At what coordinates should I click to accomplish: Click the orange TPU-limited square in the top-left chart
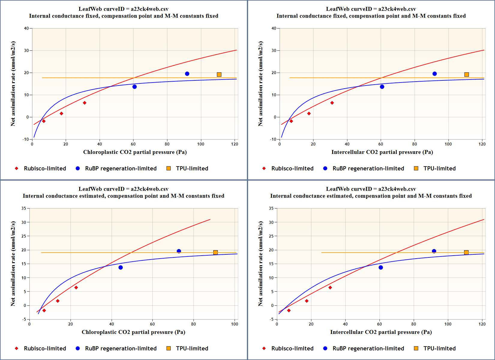tap(219, 74)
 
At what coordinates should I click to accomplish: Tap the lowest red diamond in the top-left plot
tap(44, 121)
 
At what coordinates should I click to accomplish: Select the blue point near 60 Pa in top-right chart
tap(382, 87)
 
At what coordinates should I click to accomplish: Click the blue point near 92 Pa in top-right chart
tap(434, 74)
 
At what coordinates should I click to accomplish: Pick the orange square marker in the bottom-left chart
tap(215, 252)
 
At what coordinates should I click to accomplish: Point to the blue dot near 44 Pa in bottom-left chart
tap(121, 267)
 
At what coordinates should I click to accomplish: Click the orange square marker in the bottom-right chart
tap(466, 252)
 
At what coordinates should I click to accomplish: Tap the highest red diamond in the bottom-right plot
tap(330, 287)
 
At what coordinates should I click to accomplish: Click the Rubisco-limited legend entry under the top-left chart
tap(45, 168)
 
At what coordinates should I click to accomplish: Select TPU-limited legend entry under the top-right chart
tap(439, 168)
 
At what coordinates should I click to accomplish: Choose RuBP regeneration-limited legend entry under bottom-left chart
tap(121, 348)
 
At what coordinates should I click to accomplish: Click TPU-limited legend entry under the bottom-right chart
tap(439, 348)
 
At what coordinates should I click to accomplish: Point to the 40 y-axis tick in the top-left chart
tap(26, 28)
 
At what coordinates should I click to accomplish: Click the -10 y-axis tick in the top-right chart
tap(273, 139)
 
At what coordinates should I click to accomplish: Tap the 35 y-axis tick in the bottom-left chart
tap(24, 208)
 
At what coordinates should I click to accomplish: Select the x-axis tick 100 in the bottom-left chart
tap(235, 324)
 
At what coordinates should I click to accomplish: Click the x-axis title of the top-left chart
tap(135, 152)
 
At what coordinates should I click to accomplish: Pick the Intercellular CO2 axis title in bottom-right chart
tap(381, 332)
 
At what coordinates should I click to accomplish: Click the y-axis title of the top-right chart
tap(260, 84)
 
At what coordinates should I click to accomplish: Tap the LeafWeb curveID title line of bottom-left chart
tap(123, 189)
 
